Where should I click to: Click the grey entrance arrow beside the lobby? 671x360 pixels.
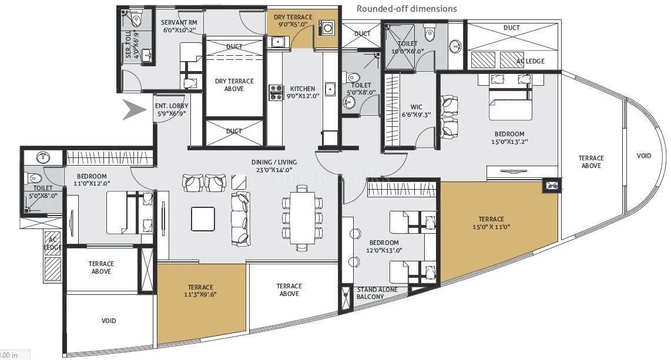pyautogui.click(x=134, y=110)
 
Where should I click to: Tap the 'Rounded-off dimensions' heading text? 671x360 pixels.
pyautogui.click(x=407, y=8)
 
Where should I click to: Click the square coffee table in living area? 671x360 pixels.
pyautogui.click(x=203, y=218)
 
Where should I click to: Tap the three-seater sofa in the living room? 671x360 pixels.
pyautogui.click(x=240, y=217)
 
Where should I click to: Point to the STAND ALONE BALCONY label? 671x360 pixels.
pyautogui.click(x=377, y=293)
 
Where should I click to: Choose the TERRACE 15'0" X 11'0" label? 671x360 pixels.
pyautogui.click(x=491, y=223)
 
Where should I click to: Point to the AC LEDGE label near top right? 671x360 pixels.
pyautogui.click(x=530, y=61)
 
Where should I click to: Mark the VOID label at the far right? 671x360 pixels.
pyautogui.click(x=643, y=156)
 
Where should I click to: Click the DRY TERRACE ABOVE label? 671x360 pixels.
pyautogui.click(x=234, y=85)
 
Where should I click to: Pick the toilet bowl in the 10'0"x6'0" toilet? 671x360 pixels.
pyautogui.click(x=430, y=32)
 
